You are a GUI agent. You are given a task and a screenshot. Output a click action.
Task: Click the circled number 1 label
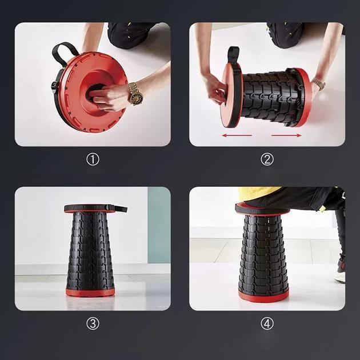tap(93, 159)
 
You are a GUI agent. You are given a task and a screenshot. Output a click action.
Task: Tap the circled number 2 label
tap(267, 159)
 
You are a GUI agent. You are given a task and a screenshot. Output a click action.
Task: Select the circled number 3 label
tap(93, 323)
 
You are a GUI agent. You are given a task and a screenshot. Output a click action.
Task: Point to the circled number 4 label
tap(267, 323)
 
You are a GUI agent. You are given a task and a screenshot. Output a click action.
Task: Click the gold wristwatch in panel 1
tap(135, 94)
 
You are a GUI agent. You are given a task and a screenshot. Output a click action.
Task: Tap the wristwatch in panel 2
tap(319, 83)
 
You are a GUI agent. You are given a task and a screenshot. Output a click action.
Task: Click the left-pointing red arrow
tap(237, 135)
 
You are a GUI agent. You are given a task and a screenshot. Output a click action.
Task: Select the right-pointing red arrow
tap(286, 135)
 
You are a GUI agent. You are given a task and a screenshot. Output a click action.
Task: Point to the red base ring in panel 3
tap(90, 292)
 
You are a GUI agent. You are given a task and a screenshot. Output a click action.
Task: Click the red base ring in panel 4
tap(263, 296)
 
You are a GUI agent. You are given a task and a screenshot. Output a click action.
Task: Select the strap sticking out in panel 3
tap(120, 209)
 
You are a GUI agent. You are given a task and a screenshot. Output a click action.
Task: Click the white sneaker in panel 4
tap(340, 277)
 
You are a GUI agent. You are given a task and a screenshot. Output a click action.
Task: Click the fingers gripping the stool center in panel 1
tap(106, 97)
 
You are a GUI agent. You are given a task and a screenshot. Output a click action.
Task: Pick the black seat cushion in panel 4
tap(262, 208)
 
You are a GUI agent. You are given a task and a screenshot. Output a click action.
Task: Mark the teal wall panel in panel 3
tap(159, 225)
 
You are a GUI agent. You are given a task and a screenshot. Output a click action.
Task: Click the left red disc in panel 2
tap(230, 96)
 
